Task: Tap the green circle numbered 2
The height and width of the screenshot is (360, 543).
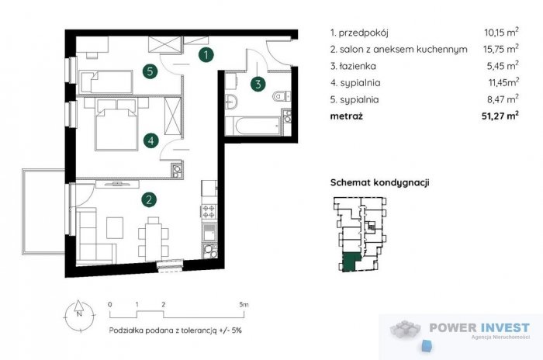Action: [x=148, y=199]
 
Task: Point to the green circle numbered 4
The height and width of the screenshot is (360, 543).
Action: [x=152, y=140]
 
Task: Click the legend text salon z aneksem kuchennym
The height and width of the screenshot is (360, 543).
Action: [x=399, y=50]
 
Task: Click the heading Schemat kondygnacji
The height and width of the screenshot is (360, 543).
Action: [x=380, y=182]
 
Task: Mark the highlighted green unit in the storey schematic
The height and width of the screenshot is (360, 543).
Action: [x=351, y=262]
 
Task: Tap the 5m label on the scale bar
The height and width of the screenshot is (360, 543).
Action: [x=244, y=304]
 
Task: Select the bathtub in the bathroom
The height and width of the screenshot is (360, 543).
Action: [x=253, y=123]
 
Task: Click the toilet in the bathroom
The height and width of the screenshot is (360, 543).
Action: [x=281, y=96]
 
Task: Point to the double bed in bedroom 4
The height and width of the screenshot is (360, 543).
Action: [x=116, y=127]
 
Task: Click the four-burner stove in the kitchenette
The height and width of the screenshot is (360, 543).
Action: [x=209, y=211]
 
